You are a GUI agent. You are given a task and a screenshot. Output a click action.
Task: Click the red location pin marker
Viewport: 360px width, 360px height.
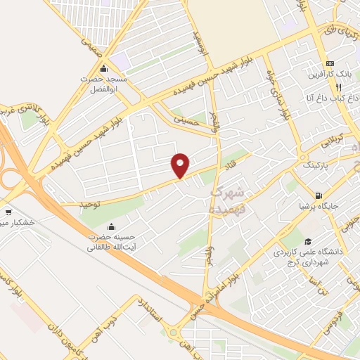180,165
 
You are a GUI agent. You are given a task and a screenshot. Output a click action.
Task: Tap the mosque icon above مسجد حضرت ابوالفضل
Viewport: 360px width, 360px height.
104,68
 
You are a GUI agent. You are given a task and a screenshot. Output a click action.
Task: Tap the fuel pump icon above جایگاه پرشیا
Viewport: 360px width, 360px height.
320,195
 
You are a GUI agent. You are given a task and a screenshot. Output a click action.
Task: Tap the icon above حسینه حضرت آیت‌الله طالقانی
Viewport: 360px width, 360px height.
111,226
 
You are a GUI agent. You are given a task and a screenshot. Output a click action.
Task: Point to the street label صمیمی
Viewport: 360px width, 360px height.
91,48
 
